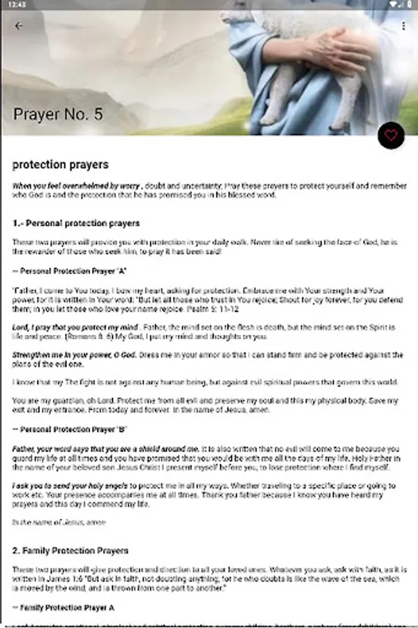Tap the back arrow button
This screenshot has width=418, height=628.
[19, 26]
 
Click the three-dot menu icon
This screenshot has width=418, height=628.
[403, 26]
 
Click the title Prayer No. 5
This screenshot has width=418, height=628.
[58, 114]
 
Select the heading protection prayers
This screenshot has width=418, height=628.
[60, 165]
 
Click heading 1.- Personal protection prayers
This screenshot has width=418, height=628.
[76, 223]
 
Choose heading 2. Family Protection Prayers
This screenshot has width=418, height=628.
[70, 551]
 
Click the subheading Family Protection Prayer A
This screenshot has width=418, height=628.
[64, 608]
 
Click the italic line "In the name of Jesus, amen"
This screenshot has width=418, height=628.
[59, 521]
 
